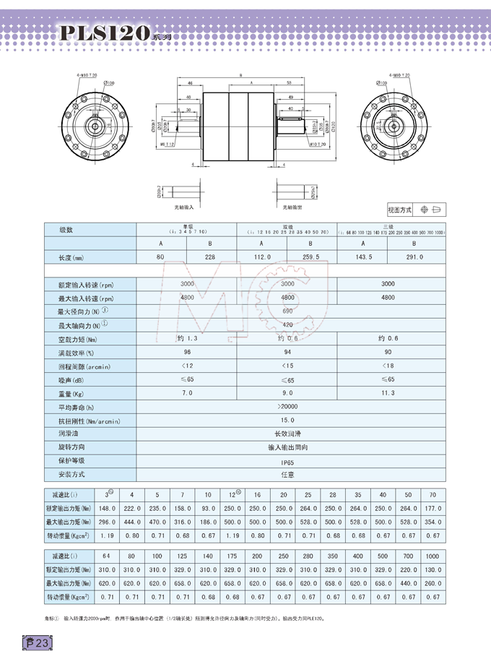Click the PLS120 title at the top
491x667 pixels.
click(105, 33)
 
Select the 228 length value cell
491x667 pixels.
click(211, 257)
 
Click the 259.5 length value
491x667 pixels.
click(312, 257)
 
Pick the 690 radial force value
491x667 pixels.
click(287, 311)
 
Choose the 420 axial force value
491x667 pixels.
click(287, 325)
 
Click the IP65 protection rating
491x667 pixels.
click(287, 461)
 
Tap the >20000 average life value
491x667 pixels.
click(287, 407)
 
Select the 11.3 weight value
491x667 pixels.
click(388, 393)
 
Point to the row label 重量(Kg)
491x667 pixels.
click(71, 393)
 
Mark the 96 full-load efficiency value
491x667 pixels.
click(187, 353)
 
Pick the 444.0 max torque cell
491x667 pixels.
click(131, 522)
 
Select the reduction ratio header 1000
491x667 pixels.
click(433, 557)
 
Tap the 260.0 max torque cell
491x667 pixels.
click(433, 583)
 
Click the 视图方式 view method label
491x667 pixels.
click(399, 210)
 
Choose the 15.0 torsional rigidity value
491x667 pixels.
click(287, 420)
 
